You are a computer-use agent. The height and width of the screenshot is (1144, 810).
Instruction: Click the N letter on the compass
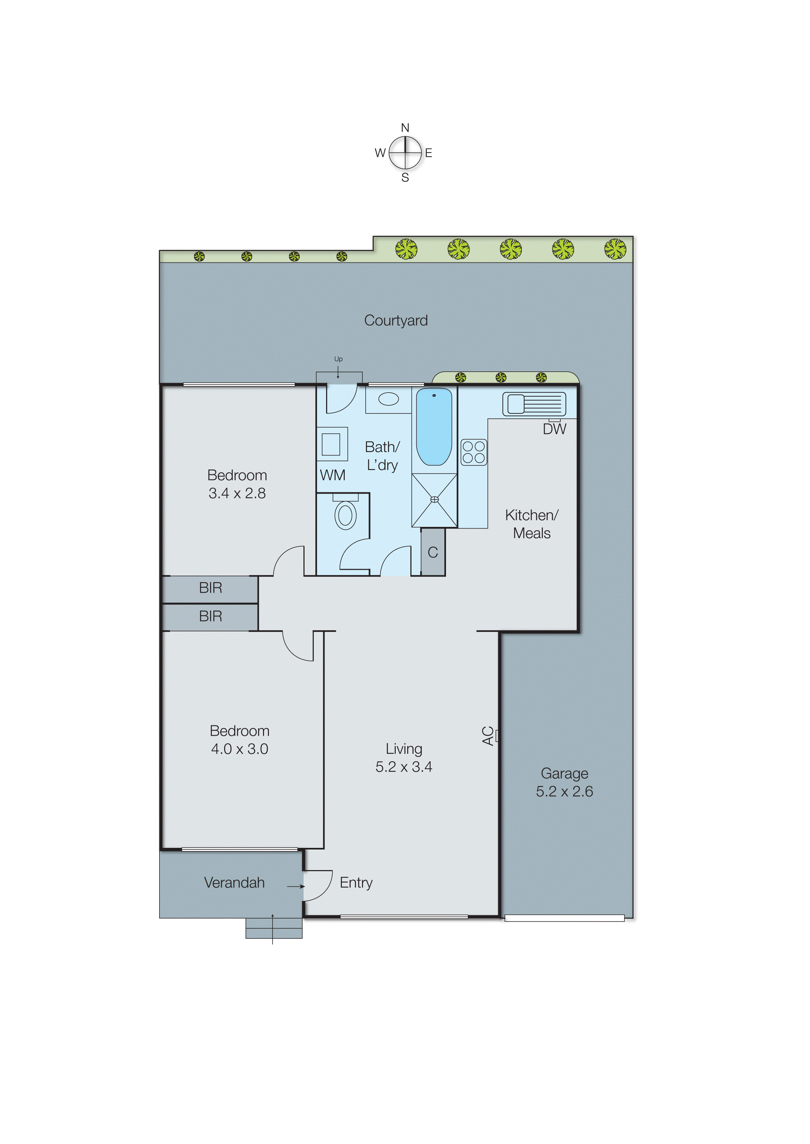(x=405, y=128)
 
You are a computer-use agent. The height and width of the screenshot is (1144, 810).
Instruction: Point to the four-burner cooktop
(x=473, y=452)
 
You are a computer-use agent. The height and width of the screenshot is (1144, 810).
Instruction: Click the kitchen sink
(x=534, y=404)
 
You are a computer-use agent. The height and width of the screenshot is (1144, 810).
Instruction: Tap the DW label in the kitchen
(x=554, y=429)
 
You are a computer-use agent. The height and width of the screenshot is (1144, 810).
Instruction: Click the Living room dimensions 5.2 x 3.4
(x=404, y=767)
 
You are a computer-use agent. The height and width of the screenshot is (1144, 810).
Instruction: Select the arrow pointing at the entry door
(x=296, y=886)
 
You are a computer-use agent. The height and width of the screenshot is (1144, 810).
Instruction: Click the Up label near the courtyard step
(x=338, y=359)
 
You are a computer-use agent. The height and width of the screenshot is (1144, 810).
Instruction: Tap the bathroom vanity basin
(x=388, y=399)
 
